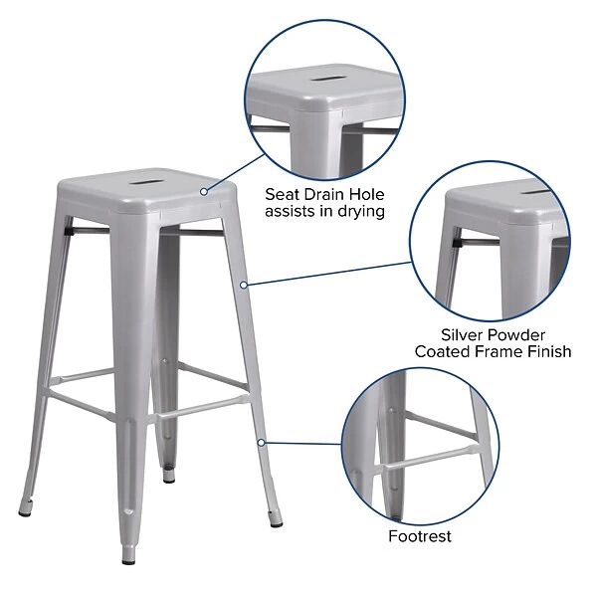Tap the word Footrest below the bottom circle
coord(420,536)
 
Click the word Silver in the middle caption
coord(466,334)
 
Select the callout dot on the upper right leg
coord(244,285)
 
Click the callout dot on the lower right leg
coord(261,441)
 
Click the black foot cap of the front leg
coord(129,558)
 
